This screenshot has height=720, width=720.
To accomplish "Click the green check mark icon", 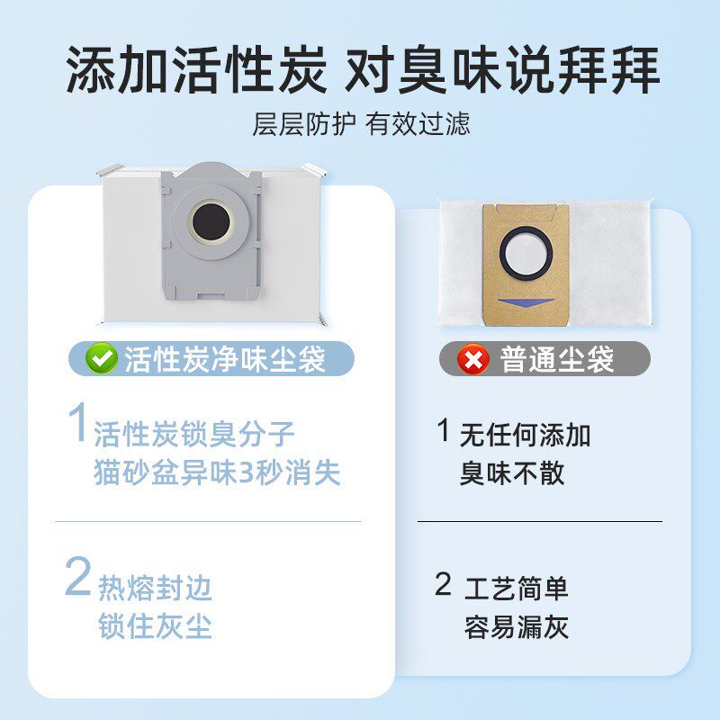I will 102,359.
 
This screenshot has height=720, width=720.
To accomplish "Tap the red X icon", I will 473,360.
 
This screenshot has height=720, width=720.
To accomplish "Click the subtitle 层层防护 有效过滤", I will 360,123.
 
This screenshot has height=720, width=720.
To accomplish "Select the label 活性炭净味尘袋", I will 225,359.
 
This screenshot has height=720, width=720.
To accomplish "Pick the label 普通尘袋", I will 557,360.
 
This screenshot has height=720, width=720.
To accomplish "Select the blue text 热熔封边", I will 155,589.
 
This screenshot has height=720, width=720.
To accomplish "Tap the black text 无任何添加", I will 526,436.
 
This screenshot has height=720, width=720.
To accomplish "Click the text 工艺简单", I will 517,589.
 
